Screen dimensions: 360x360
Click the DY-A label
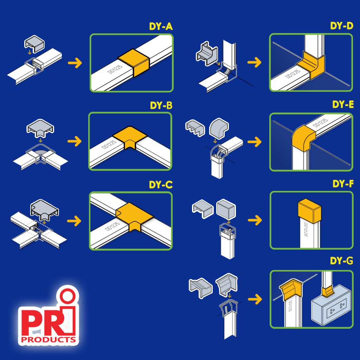click(x=161, y=26)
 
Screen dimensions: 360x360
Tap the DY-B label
click(x=161, y=105)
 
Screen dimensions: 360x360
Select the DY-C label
click(x=161, y=185)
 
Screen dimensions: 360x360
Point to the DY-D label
click(x=341, y=26)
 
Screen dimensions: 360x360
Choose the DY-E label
click(x=343, y=104)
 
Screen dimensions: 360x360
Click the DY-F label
click(x=343, y=184)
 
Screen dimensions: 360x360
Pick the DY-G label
click(x=341, y=261)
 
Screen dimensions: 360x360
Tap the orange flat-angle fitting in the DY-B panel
click(x=130, y=137)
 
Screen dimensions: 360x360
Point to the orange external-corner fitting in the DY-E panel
click(x=303, y=138)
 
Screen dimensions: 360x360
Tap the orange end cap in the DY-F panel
click(x=309, y=211)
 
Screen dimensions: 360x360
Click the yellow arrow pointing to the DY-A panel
click(x=75, y=63)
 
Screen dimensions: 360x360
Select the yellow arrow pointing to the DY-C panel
click(x=74, y=221)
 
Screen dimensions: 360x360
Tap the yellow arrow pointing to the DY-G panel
click(x=255, y=299)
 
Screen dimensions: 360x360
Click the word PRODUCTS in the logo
click(x=49, y=340)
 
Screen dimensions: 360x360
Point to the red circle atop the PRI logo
click(x=67, y=296)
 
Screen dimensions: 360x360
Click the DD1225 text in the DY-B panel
click(x=109, y=144)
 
